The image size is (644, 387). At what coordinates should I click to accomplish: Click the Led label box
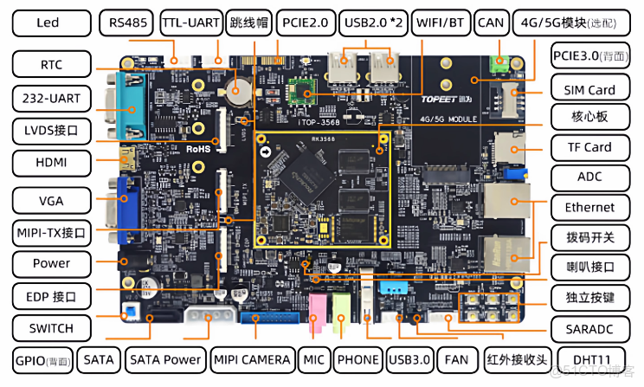(48, 23)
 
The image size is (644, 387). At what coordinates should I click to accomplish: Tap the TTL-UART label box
(190, 23)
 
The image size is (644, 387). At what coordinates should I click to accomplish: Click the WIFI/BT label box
(441, 23)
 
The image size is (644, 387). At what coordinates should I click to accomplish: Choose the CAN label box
(490, 23)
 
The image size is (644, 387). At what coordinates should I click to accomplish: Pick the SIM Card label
(589, 89)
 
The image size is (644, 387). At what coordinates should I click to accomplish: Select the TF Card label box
(589, 147)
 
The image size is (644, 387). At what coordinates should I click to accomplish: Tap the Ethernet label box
(589, 207)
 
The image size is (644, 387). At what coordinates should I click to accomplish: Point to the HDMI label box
(51, 162)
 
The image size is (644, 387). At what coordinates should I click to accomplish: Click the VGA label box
(51, 201)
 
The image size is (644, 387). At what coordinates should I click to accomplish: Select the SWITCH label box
(51, 328)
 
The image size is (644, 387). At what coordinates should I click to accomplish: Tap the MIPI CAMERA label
(252, 358)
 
